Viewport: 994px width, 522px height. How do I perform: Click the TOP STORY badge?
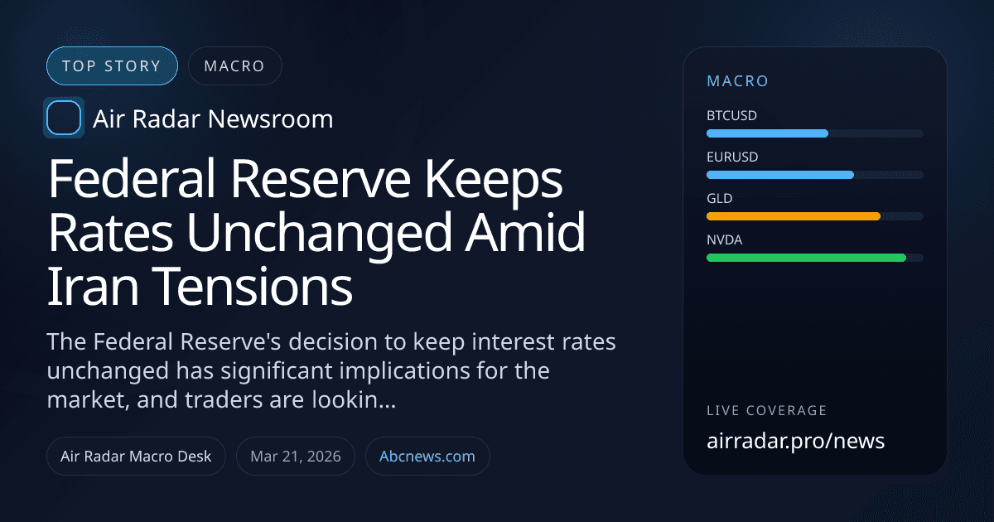coord(112,66)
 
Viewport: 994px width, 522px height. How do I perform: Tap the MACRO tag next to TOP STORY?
coord(234,66)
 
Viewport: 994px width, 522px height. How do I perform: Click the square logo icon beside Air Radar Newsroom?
coord(64,118)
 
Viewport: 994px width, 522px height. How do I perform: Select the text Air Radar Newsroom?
coord(213,119)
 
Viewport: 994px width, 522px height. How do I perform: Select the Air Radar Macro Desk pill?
coord(136,457)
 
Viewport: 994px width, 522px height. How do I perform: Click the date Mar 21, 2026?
coord(296,457)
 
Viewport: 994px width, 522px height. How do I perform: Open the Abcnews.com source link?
coord(427,457)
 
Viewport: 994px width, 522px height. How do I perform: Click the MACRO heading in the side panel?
coord(737,81)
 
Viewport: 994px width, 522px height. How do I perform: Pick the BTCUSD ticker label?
coord(731,115)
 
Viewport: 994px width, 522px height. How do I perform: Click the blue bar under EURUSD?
coord(779,175)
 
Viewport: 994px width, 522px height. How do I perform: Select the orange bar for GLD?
coord(793,216)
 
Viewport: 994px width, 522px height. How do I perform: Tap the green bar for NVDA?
coord(806,258)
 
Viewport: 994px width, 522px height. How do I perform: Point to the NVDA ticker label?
coord(725,239)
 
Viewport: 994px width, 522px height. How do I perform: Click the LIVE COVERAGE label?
coord(766,410)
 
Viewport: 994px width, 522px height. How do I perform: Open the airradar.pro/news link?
coord(795,441)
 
